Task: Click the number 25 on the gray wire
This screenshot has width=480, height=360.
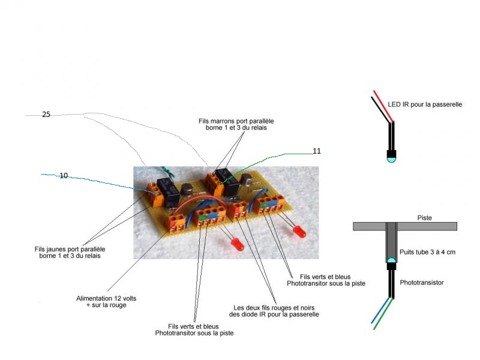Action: point(46,114)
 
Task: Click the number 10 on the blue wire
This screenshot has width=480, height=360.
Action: point(64,176)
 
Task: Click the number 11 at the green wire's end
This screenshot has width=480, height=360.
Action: point(316,151)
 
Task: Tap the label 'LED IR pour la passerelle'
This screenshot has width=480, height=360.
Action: point(425,104)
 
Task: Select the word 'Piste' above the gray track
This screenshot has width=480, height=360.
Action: point(424,218)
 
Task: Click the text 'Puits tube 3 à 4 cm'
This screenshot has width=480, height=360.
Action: point(428,252)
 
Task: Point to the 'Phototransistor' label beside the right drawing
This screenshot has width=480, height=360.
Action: point(422,282)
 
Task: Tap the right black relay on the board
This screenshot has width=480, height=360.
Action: point(227,182)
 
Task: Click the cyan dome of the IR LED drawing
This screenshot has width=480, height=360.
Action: point(391,159)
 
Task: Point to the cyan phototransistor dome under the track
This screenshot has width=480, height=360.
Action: point(391,262)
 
